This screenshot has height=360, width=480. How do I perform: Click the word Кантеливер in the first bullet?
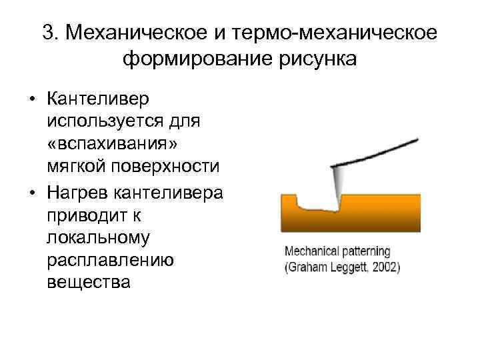click(99, 99)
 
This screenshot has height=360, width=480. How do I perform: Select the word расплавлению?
click(111, 259)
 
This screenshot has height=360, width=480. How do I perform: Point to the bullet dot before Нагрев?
click(31, 193)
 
